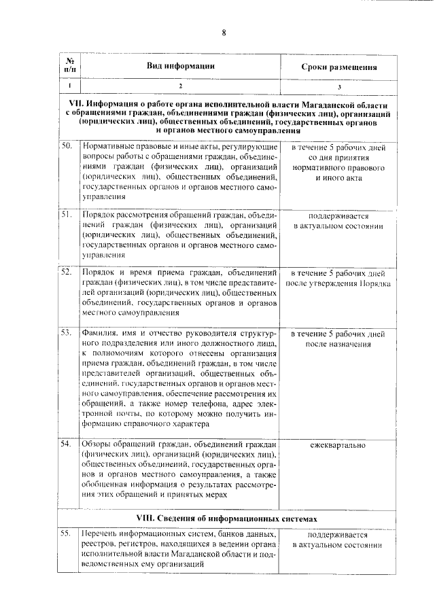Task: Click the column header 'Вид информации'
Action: coord(181,67)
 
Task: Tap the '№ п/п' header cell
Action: coord(69,67)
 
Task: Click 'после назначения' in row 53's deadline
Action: coord(338,345)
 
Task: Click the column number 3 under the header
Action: coord(339,87)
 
